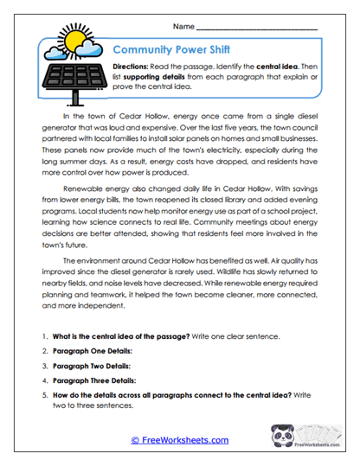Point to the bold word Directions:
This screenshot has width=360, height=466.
pos(134,67)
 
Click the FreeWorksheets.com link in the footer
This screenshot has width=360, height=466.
pos(179,440)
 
